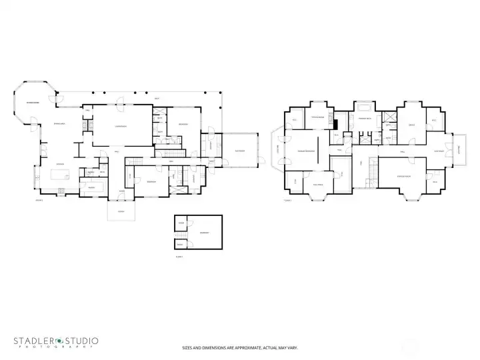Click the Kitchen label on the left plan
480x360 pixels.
click(59, 164)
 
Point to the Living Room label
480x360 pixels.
click(121, 126)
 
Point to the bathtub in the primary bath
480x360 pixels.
click(365, 108)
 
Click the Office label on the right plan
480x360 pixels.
click(411, 125)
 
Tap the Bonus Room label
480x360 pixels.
click(403, 176)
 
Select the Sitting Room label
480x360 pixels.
click(316, 117)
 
